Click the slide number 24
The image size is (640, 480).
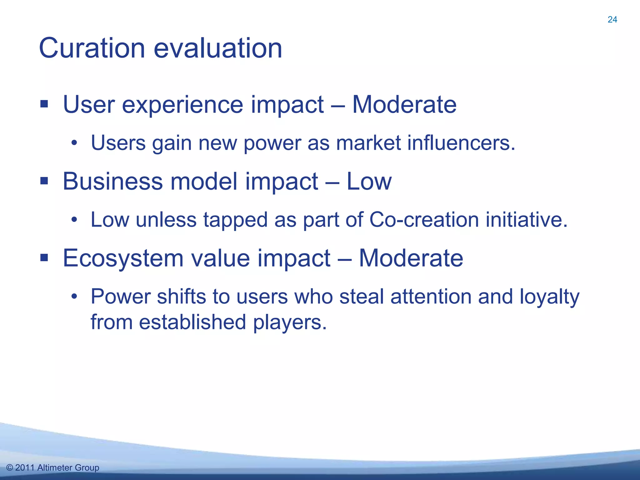[x=612, y=19]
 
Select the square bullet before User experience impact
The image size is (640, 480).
[x=44, y=104]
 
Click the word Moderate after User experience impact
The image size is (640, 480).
[x=404, y=104]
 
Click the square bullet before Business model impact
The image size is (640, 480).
[x=44, y=181]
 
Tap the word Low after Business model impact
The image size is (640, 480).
[x=369, y=181]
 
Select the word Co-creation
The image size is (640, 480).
[x=424, y=219]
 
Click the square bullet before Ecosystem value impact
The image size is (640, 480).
[x=44, y=258]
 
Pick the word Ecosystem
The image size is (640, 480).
[x=123, y=259]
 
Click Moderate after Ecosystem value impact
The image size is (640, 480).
[x=411, y=258]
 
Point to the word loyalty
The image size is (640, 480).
[x=549, y=297]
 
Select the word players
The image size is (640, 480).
[x=290, y=322]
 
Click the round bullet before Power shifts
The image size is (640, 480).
[x=74, y=297]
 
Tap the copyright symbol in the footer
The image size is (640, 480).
[x=10, y=468]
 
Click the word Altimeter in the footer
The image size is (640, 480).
[x=55, y=468]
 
